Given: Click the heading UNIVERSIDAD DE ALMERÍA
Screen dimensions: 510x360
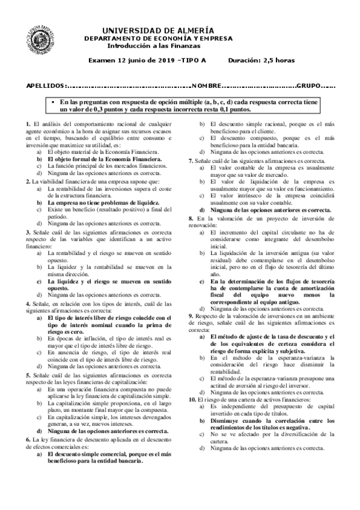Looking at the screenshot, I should (158, 31).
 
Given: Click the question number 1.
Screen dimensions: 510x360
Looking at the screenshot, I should (28, 124).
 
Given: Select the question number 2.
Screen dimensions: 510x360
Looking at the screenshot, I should (28, 182).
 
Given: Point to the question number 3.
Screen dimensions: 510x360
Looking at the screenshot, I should (28, 232).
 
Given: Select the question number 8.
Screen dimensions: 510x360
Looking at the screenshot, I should (191, 217).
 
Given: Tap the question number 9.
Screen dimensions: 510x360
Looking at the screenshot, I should (191, 315).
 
